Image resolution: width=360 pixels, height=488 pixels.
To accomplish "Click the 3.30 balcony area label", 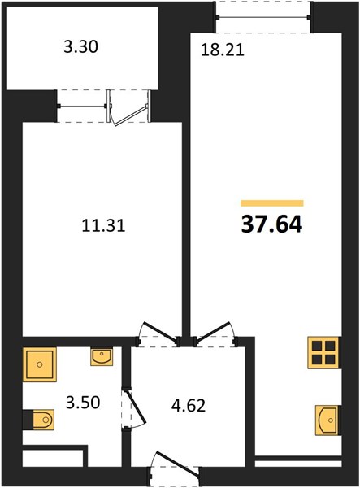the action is tap(80, 47).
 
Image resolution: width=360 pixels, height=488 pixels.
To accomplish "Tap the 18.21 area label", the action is tap(223, 50).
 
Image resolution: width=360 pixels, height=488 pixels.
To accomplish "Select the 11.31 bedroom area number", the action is tap(103, 225).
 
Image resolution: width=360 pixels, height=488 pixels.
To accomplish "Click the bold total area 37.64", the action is tap(271, 224).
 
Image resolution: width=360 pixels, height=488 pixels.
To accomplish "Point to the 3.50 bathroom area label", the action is tap(83, 403).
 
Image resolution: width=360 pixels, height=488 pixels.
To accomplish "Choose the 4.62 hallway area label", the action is tap(189, 406).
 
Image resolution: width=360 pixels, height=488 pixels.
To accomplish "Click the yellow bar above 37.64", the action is tap(272, 203).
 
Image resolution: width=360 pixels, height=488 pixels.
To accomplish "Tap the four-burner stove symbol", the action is tap(323, 353).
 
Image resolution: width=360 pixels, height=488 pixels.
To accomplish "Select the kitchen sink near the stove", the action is tap(327, 420).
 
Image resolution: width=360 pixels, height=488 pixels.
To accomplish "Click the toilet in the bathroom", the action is tap(39, 420).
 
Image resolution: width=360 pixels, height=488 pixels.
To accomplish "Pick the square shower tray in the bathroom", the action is tap(40, 364).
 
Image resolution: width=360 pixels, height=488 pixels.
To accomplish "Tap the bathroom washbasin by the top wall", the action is tap(102, 357).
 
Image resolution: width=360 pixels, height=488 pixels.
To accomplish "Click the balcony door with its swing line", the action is tap(128, 107).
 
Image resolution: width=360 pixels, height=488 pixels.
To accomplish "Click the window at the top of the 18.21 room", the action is tap(263, 17).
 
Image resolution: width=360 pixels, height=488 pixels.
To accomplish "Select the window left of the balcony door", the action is tap(82, 107).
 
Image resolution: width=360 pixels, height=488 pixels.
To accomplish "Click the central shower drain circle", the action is tap(40, 364).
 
